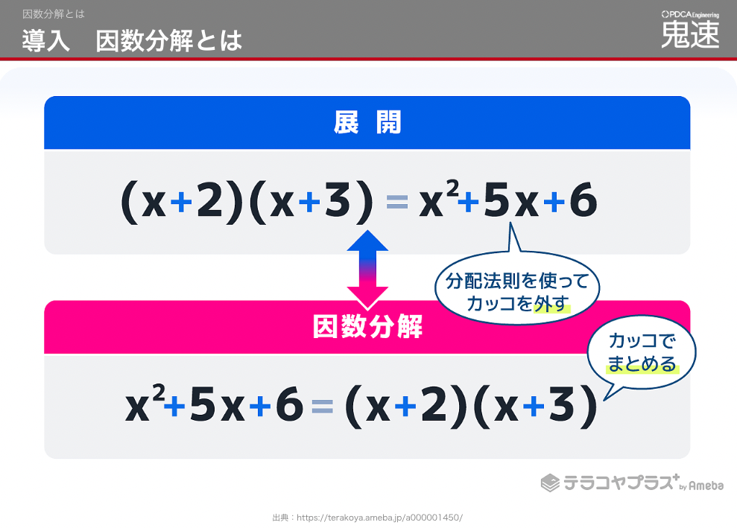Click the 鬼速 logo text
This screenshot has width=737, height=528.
pos(690,34)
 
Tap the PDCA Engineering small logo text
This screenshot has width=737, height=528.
pos(690,15)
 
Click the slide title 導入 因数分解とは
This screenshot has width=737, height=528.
pos(132,40)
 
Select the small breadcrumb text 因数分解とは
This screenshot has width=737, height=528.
pos(54,14)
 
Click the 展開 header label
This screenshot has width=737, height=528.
pos(367,123)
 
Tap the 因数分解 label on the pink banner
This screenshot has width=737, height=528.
pos(367,326)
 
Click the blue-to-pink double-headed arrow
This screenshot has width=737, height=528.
pos(367,270)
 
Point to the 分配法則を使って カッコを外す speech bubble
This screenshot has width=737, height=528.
pos(517,287)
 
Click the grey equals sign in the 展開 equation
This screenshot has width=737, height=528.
pos(396,203)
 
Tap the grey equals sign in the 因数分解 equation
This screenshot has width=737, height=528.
pos(322,406)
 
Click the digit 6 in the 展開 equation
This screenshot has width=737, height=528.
pos(583,200)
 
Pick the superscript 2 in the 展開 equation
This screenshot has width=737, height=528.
pos(452,189)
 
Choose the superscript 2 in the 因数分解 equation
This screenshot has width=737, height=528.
pos(159,392)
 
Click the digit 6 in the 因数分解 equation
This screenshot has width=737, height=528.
pos(290,404)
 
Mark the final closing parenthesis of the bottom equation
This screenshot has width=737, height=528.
pos(589,407)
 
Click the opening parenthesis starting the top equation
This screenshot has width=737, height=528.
pos(130,203)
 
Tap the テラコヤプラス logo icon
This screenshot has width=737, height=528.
pos(550,483)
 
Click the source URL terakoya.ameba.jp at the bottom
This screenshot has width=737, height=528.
pos(379,518)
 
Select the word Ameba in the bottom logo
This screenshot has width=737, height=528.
pos(706,486)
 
